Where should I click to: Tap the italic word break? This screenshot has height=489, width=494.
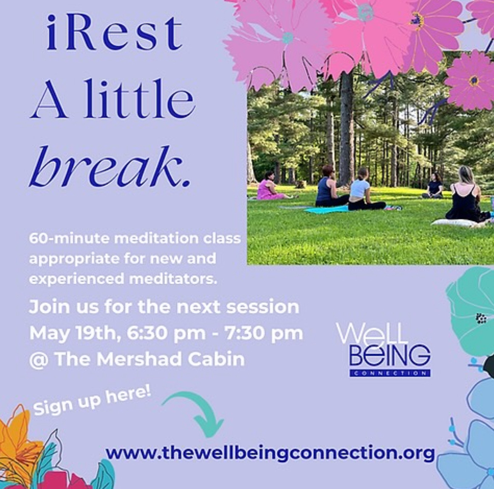(110, 166)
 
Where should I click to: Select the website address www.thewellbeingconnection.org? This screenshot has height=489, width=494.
(270, 453)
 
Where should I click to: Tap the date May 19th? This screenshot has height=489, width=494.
(75, 334)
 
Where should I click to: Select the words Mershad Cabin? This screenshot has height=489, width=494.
(170, 359)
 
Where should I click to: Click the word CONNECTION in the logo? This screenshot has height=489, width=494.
(390, 374)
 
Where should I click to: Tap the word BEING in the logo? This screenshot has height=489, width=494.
(390, 355)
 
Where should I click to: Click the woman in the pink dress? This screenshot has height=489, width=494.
(270, 186)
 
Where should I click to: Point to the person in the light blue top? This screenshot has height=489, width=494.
(365, 190)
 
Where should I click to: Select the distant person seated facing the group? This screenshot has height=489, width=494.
(434, 186)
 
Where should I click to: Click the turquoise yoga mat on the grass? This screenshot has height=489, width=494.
(326, 209)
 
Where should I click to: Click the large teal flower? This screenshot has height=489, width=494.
(471, 312)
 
